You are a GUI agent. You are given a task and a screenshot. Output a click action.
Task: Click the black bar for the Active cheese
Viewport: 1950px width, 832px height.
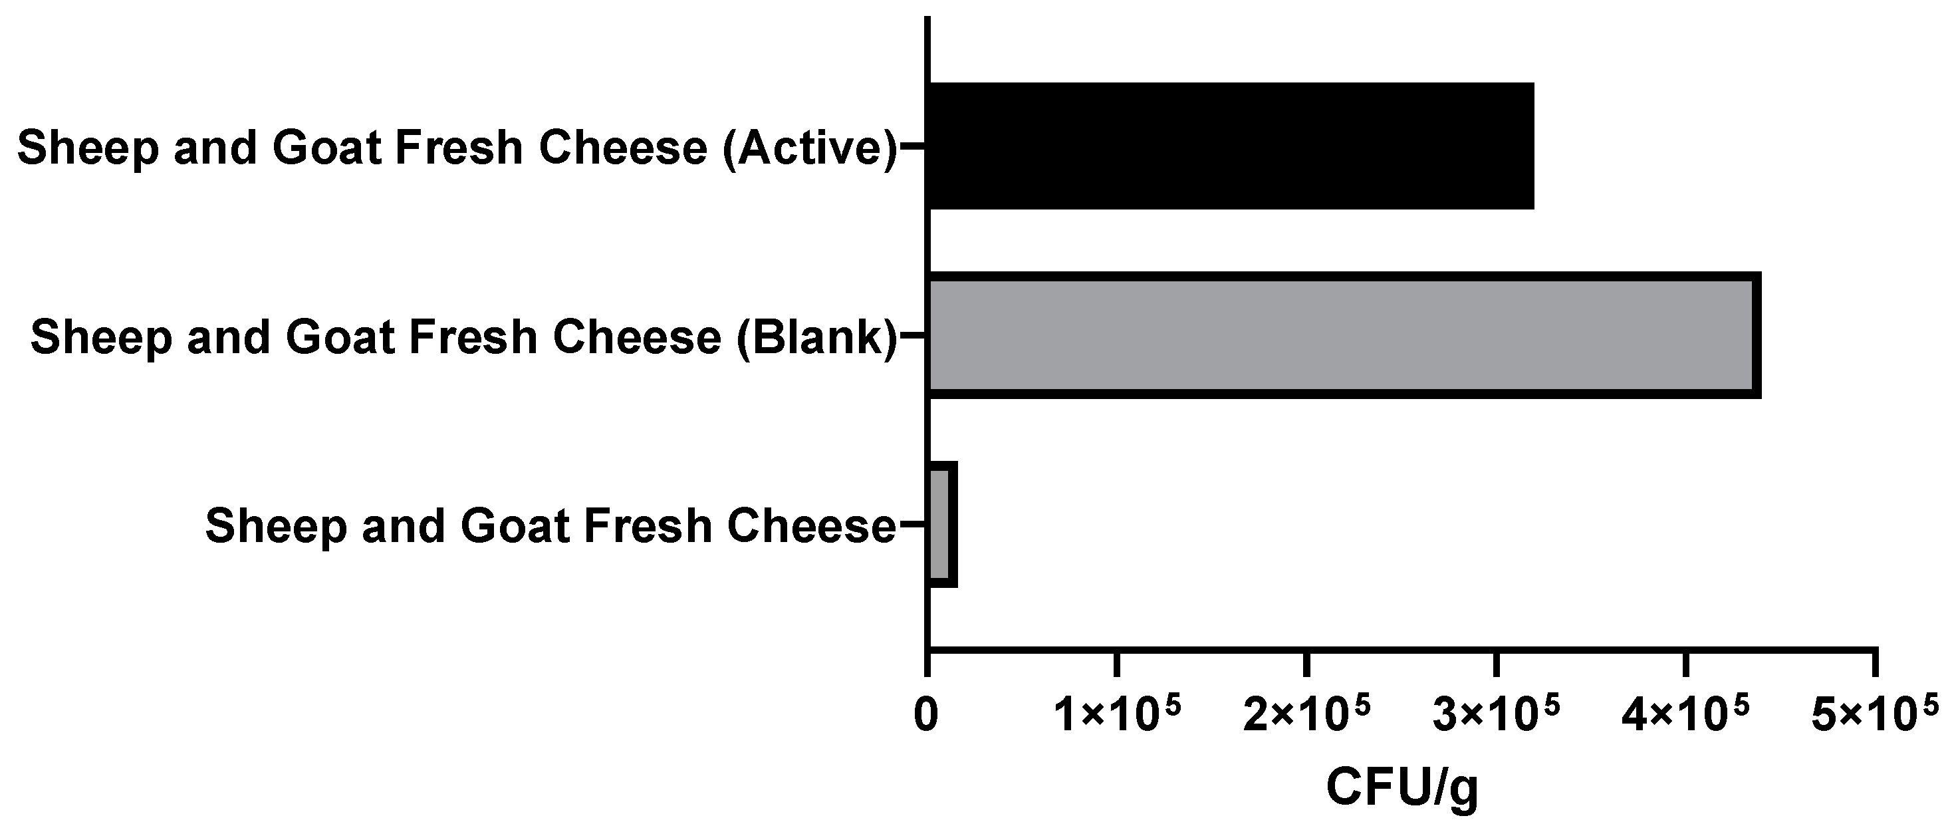1230,146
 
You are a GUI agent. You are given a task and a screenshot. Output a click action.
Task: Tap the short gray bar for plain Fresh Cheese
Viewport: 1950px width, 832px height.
941,524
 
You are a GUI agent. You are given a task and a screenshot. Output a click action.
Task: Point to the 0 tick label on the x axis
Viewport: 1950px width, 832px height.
927,716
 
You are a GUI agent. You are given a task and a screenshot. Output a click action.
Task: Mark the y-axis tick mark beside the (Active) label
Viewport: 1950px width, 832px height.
912,146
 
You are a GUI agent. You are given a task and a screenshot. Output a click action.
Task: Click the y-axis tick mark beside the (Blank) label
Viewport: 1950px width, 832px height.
912,335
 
